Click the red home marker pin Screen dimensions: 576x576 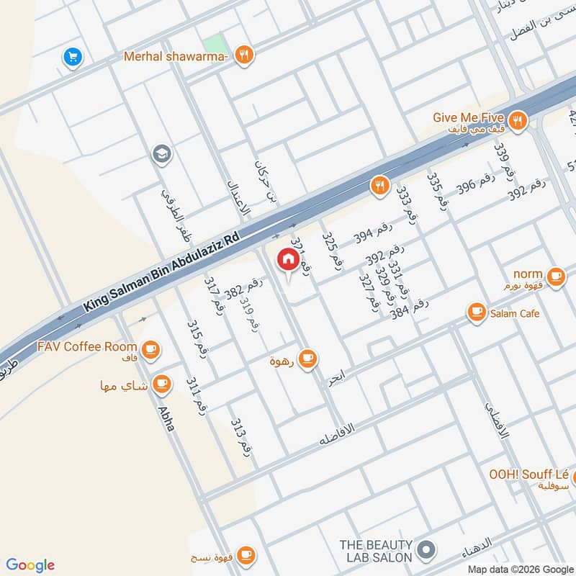[x=287, y=259]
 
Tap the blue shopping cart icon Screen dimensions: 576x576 [x=71, y=56]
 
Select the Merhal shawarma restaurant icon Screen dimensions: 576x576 [x=245, y=55]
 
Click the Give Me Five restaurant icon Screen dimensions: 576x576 [x=516, y=121]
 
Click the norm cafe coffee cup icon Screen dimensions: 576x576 [x=555, y=275]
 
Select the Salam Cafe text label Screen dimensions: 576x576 [x=513, y=313]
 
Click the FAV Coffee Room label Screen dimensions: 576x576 [x=87, y=346]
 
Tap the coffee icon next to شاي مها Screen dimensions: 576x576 [x=162, y=384]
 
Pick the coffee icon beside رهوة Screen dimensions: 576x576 [x=307, y=358]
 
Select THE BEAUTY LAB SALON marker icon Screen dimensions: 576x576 [x=426, y=551]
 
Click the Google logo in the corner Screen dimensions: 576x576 [x=30, y=565]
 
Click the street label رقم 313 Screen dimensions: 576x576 [x=240, y=436]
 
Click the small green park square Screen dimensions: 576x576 [x=212, y=43]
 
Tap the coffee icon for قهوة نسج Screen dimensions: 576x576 [x=246, y=554]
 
